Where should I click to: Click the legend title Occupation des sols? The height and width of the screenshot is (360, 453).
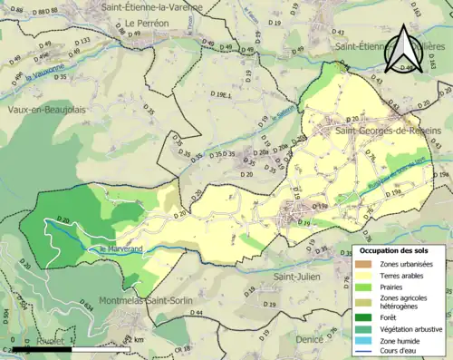(400, 250)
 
